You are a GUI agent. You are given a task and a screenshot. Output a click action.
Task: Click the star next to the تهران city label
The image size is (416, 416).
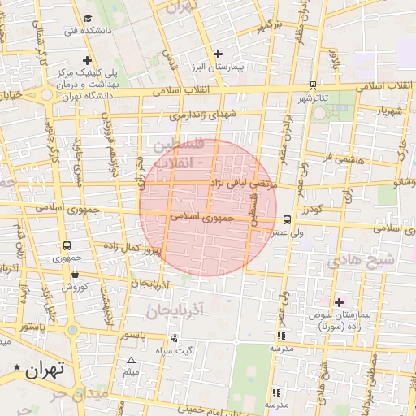click(x=17, y=370)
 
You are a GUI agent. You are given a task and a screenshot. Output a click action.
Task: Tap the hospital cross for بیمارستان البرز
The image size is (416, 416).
click(x=217, y=54)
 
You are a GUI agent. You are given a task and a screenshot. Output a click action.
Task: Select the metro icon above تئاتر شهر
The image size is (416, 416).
click(x=313, y=85)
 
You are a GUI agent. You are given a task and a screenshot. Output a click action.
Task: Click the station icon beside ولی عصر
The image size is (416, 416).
click(x=287, y=219)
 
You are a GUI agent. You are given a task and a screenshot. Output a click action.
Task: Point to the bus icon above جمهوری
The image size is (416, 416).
click(x=66, y=245)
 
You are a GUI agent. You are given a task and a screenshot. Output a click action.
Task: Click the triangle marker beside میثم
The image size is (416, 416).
click(x=131, y=360)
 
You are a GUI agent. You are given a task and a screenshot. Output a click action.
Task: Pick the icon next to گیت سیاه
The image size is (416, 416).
click(x=173, y=337)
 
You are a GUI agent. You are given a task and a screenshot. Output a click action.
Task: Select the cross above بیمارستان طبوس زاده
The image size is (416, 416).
click(x=339, y=302)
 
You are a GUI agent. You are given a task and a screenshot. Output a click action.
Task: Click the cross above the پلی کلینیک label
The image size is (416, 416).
click(x=87, y=59)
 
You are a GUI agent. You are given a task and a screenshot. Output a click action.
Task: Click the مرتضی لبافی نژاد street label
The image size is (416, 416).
click(x=244, y=184)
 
